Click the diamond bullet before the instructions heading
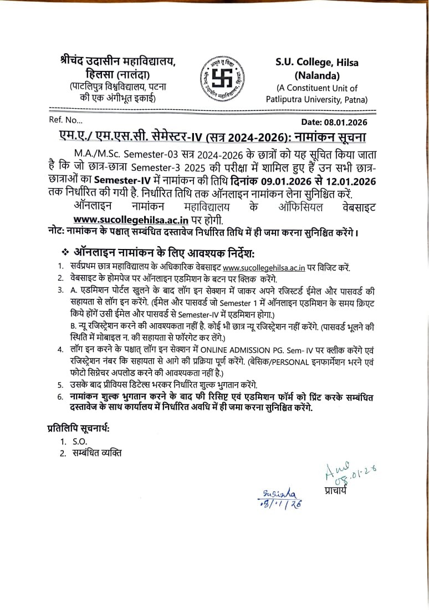click(65, 252)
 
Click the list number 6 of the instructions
click(60, 397)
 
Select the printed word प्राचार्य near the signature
click(336, 490)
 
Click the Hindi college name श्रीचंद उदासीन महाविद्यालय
click(118, 62)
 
